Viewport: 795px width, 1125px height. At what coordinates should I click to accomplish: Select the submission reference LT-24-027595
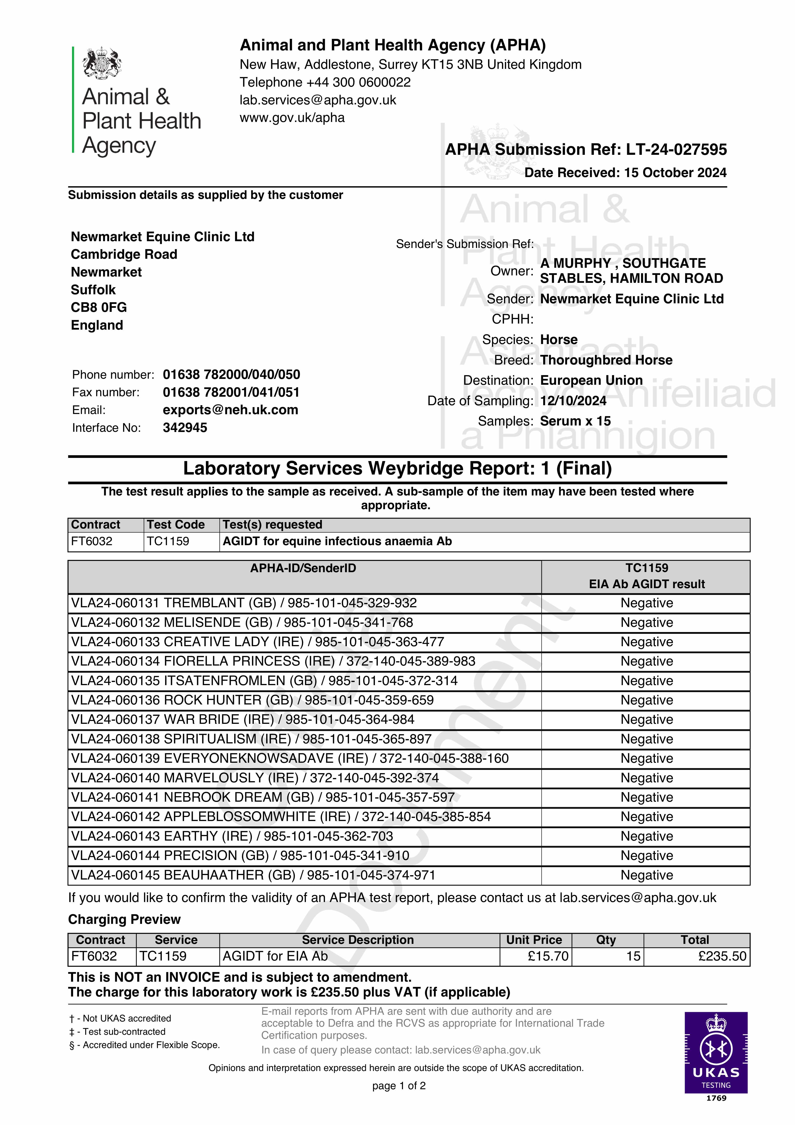676,149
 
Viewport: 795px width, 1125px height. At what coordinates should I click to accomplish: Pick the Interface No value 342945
185,428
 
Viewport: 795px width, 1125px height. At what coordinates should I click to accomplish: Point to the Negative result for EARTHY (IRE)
646,836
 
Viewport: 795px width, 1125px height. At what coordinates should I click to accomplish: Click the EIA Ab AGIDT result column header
646,584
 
